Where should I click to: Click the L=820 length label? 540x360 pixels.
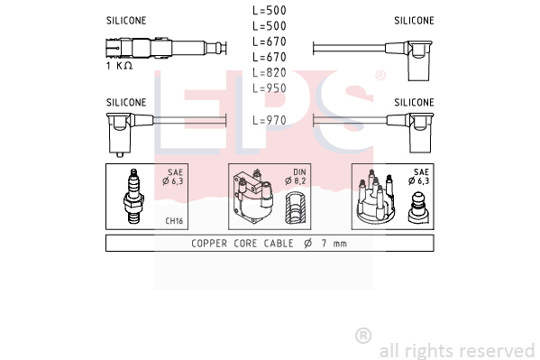[270, 72]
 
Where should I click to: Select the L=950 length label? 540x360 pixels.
[270, 88]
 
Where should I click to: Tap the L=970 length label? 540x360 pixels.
[270, 120]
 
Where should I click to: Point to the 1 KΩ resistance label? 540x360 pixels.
[119, 66]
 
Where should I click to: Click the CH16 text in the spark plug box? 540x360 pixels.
[174, 221]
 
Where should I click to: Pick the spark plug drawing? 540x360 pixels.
[133, 196]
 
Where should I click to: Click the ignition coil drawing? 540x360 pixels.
[253, 197]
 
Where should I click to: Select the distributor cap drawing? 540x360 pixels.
[376, 198]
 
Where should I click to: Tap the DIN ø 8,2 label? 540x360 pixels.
[296, 177]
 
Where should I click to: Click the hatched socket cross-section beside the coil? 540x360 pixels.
[295, 208]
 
